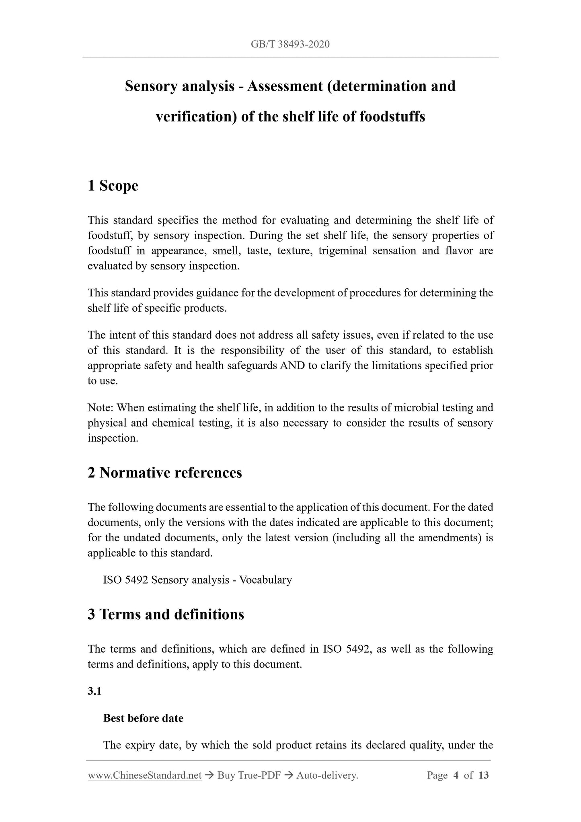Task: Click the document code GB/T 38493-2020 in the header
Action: (290, 44)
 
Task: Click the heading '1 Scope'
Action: (113, 186)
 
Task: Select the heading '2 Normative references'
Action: (165, 473)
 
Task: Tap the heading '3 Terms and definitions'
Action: (166, 614)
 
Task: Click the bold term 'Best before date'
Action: (143, 718)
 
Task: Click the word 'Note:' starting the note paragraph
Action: (101, 408)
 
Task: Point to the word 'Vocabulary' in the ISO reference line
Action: (265, 580)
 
